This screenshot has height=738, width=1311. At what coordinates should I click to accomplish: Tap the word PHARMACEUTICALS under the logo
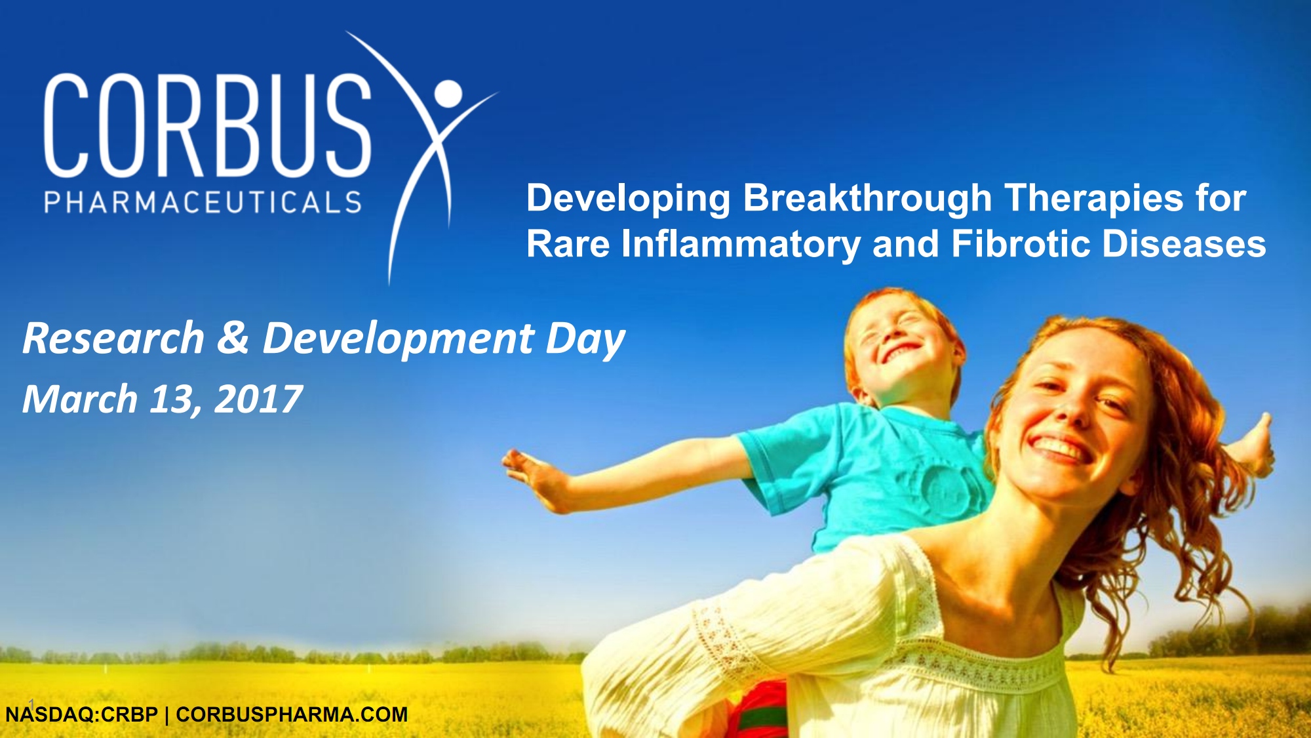[x=203, y=202]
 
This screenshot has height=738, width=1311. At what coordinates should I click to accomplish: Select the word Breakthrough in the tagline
[x=867, y=199]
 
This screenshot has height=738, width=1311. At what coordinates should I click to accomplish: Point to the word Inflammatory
[x=741, y=245]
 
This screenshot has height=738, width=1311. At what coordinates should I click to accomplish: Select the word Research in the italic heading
[x=113, y=338]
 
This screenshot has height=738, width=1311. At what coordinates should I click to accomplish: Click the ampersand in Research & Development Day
[x=233, y=338]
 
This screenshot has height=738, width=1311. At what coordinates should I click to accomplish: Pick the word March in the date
[x=80, y=400]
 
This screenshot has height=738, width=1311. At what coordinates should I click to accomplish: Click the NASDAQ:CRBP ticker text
[x=82, y=714]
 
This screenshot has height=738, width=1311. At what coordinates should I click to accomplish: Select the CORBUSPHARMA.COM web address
[x=292, y=714]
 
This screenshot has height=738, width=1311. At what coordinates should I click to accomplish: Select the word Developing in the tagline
[x=628, y=199]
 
